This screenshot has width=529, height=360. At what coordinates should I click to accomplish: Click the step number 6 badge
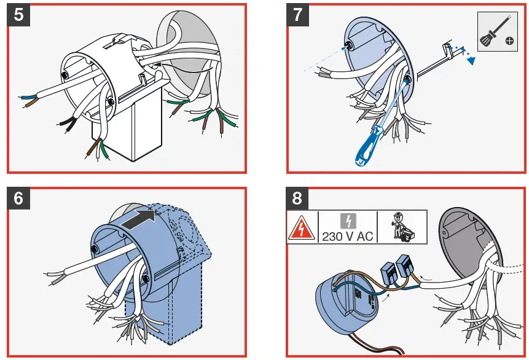[x=19, y=198]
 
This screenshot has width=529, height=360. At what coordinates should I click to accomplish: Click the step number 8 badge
[x=299, y=198]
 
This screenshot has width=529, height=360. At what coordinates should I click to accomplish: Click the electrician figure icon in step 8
[x=403, y=226]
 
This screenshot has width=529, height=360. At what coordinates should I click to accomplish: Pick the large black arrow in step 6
[x=136, y=217]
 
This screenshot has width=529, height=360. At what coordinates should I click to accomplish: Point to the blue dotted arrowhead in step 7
[x=472, y=60]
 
